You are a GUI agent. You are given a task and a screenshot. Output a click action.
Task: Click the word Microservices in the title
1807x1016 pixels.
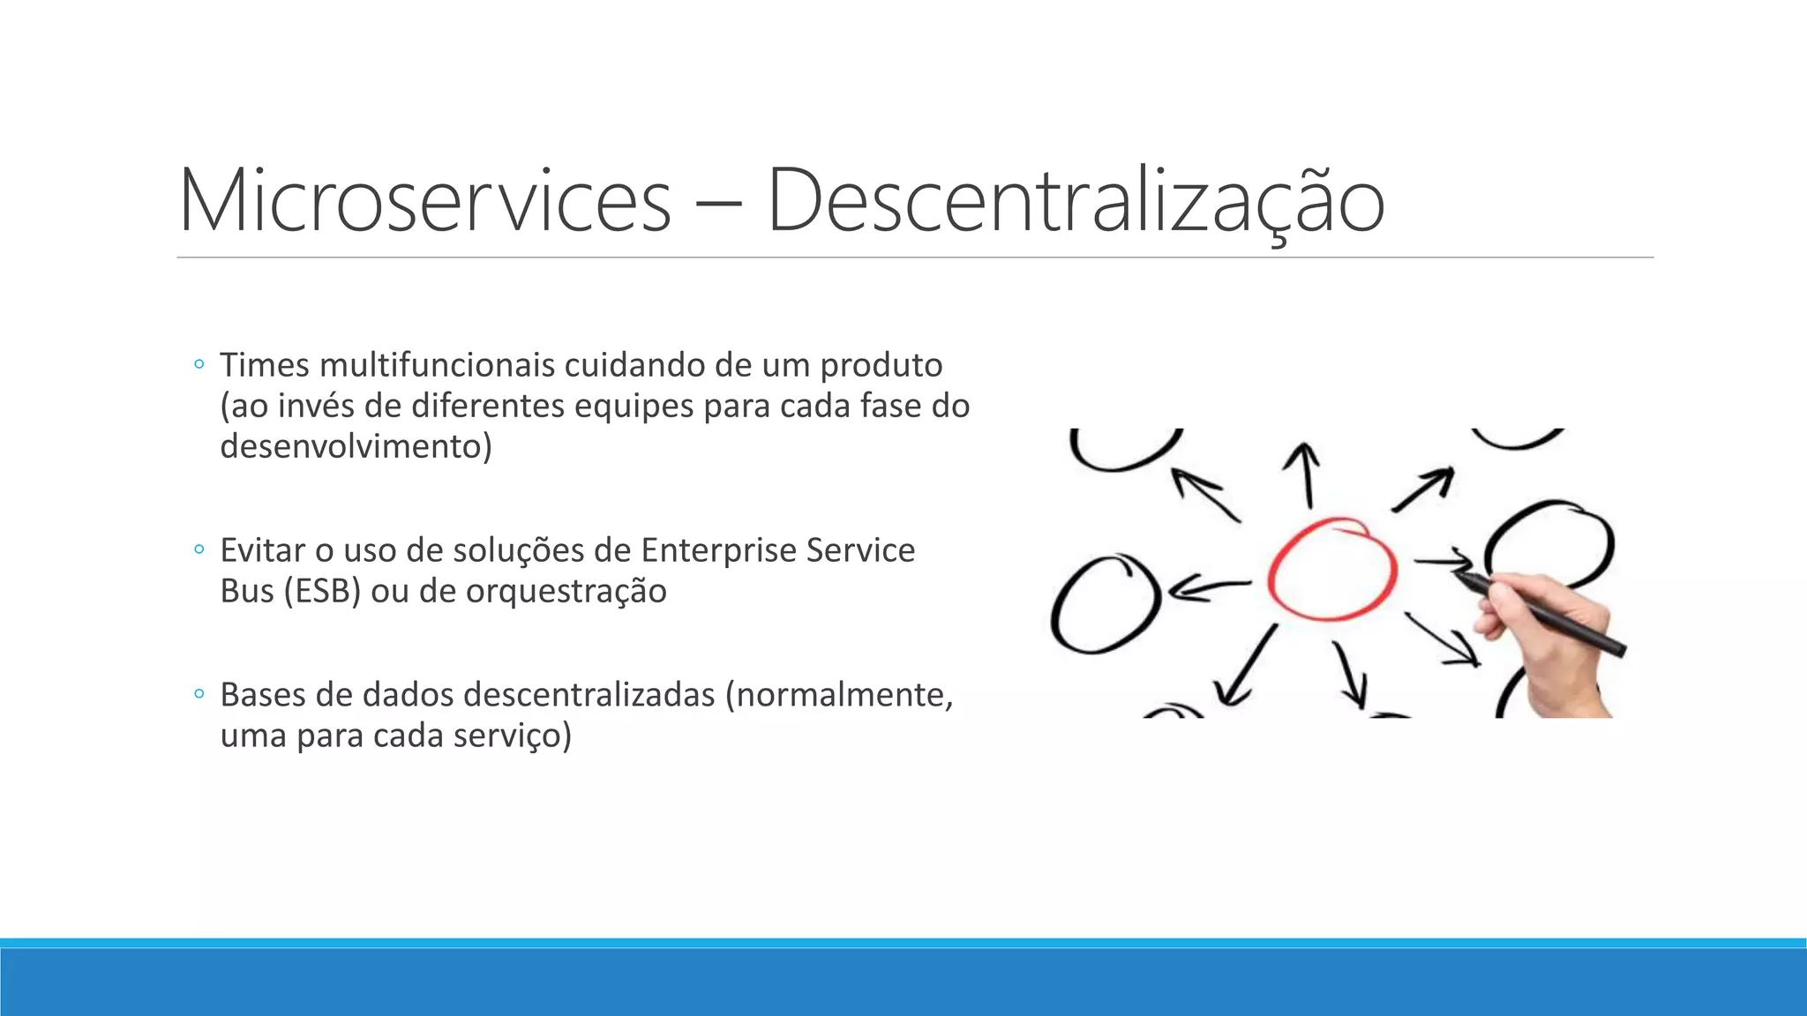(424, 201)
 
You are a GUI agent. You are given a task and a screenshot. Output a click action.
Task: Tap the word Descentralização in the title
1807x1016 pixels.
(1076, 201)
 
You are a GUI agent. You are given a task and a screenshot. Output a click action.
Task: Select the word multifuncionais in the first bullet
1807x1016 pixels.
(437, 364)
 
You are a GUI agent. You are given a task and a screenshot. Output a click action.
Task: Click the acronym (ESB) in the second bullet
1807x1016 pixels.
(322, 591)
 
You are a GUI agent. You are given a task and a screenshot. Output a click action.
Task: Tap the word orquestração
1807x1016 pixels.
(566, 591)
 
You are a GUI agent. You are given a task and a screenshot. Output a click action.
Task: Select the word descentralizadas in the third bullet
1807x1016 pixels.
(589, 695)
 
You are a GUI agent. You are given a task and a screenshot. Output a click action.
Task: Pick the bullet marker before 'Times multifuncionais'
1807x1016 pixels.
(199, 364)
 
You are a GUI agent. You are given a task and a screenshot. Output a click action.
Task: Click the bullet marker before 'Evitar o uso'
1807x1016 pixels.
(199, 550)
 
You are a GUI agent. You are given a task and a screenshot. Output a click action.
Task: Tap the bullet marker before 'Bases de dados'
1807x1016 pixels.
(199, 695)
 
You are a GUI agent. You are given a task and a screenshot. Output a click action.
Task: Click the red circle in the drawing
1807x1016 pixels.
(1331, 569)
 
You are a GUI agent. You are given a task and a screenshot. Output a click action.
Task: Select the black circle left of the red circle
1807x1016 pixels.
(1103, 604)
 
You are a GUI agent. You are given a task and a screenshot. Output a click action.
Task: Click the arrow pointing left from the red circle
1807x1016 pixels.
(1209, 587)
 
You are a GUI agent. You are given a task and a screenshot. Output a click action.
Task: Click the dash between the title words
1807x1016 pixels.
(718, 205)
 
